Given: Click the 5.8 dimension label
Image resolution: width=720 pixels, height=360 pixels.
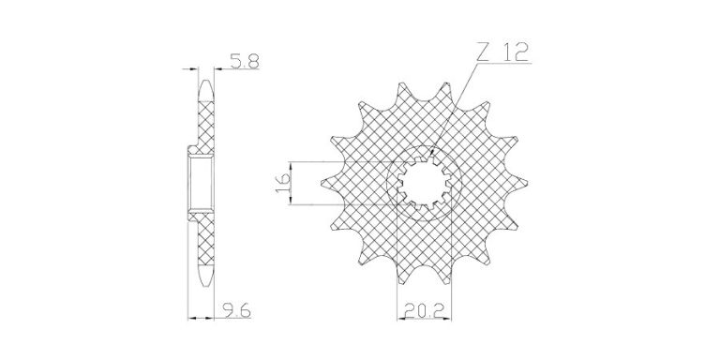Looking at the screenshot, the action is [245, 61].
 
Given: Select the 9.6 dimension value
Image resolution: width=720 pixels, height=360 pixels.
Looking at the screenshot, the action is [237, 311].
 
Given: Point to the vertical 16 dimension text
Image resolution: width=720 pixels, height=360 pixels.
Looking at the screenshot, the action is [283, 183].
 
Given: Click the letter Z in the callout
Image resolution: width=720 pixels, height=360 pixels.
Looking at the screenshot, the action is [482, 52].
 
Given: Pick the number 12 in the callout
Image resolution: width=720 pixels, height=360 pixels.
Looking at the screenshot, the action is [516, 52].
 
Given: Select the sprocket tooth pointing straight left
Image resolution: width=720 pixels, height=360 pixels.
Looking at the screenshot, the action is [332, 184].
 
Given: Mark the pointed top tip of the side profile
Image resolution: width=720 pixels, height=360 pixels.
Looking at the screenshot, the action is [206, 82].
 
